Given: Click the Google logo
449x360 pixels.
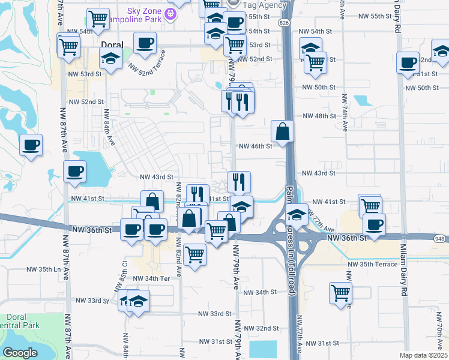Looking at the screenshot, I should pyautogui.click(x=20, y=353).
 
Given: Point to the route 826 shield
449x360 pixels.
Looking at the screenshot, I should pyautogui.click(x=283, y=22).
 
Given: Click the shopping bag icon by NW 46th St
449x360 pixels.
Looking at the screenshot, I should pyautogui.click(x=282, y=131).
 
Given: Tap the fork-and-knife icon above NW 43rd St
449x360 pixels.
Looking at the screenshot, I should pyautogui.click(x=239, y=181).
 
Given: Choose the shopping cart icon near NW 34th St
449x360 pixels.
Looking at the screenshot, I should pyautogui.click(x=340, y=293).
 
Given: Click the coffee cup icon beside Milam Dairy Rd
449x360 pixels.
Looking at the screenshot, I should pyautogui.click(x=408, y=62).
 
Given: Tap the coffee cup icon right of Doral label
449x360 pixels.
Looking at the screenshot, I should pyautogui.click(x=145, y=43).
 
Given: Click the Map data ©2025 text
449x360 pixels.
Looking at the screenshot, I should pyautogui.click(x=423, y=355).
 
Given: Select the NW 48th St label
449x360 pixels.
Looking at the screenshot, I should pyautogui.click(x=318, y=116).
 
